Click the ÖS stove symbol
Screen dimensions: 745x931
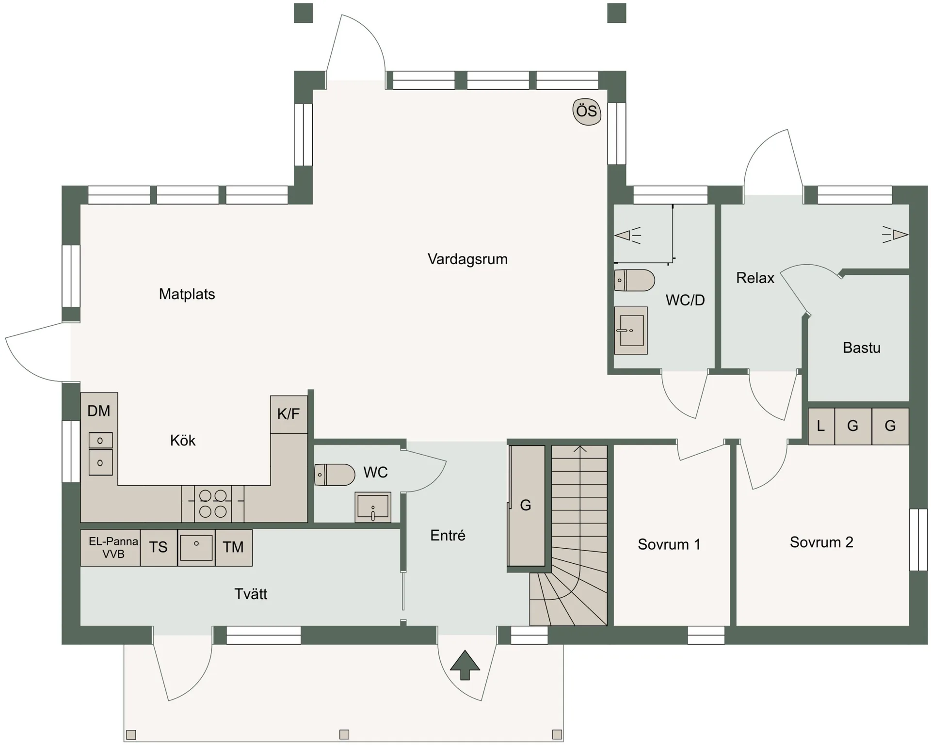(x=587, y=111)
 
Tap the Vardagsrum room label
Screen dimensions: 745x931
(x=467, y=259)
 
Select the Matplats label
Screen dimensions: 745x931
(x=187, y=294)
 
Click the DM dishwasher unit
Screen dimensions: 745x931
(x=99, y=411)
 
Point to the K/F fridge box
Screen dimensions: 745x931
(x=289, y=414)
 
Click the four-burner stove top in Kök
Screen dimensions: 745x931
(x=213, y=503)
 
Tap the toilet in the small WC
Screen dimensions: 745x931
(x=335, y=475)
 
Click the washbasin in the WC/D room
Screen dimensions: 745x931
(x=630, y=331)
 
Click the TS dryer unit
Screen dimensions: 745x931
(x=158, y=547)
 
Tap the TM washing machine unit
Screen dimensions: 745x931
(x=233, y=547)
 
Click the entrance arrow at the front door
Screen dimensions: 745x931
(x=465, y=665)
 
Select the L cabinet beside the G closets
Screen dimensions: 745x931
(x=820, y=426)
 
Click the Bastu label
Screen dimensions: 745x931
(x=861, y=348)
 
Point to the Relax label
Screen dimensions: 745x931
(x=754, y=278)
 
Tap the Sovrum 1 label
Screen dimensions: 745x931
(x=669, y=544)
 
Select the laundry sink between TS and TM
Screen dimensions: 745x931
(x=196, y=547)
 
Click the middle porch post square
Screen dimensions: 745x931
(x=344, y=734)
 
